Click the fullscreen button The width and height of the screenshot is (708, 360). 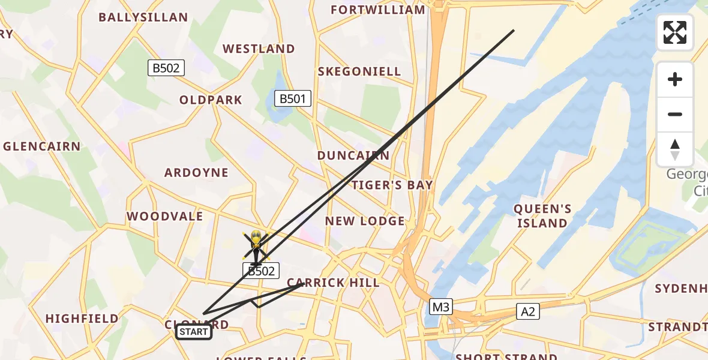675,32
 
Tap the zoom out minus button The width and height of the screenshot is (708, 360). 675,114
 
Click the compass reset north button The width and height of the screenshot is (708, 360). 675,149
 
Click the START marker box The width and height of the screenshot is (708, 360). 194,332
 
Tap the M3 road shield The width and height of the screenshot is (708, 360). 441,307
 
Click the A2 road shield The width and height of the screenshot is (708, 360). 528,311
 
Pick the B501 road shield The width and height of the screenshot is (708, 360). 293,98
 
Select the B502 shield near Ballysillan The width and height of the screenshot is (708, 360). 166,68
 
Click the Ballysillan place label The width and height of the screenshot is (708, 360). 143,17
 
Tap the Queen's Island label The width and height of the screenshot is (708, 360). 542,216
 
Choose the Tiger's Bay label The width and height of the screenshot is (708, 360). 392,185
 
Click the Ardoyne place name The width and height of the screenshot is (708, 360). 197,173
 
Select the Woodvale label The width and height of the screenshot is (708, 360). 165,216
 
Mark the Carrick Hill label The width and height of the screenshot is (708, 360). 333,283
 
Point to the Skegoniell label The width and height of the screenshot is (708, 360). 359,71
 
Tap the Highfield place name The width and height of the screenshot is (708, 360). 82,319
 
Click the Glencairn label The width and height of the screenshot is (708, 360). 42,146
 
